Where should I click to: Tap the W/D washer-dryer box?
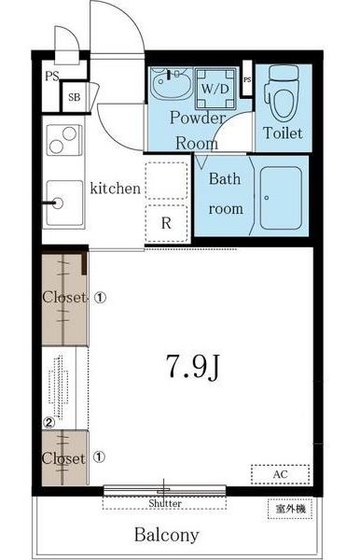coord(215,88)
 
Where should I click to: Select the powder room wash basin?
coord(171,83)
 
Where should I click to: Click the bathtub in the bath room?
coord(281,198)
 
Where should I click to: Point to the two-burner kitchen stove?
coord(64,140)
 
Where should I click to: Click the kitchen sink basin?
coord(64,203)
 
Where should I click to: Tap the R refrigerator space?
coord(166,223)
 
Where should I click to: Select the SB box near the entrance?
coord(75,97)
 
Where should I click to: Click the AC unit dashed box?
coord(280,474)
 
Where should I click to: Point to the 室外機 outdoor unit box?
coord(290,508)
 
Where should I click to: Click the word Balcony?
coord(167,535)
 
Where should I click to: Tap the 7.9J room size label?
coord(193,367)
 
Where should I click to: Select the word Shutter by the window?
coord(165,503)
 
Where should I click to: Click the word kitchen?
coord(116,189)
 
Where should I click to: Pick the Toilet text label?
coord(283,133)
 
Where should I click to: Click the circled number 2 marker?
coord(48,423)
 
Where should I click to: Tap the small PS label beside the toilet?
coord(247,80)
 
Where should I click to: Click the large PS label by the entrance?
coord(52,77)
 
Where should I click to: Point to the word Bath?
coord(225,178)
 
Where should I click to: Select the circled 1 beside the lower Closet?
coord(100,456)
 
